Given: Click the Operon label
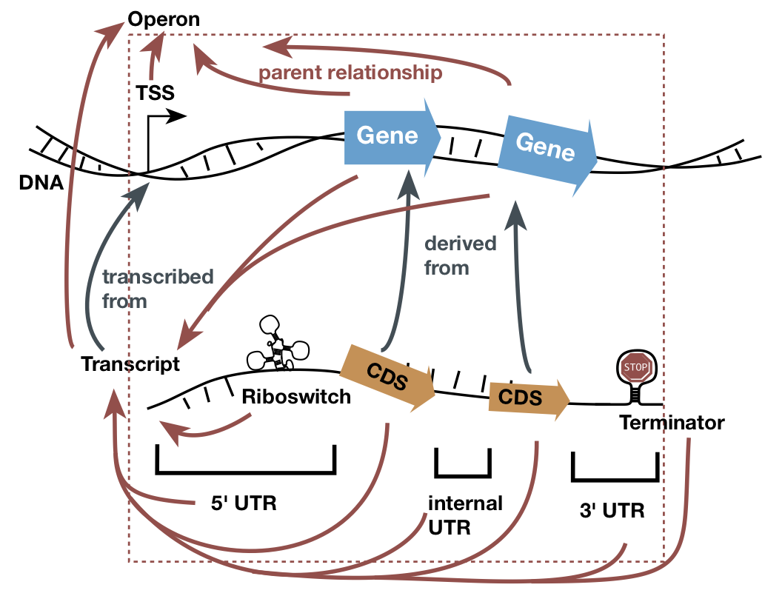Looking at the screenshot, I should (x=164, y=19).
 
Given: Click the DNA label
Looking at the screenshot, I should (x=41, y=181).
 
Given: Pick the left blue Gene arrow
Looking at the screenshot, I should (x=390, y=137).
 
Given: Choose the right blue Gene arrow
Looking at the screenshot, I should (x=546, y=150).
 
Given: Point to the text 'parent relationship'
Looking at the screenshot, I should (x=350, y=73).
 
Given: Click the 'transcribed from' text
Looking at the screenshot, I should (x=157, y=289).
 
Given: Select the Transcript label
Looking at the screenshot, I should (x=130, y=364).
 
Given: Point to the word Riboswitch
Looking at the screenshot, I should (x=296, y=396).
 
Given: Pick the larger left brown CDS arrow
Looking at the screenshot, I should (x=387, y=377).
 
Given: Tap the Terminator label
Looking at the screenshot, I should (x=672, y=423).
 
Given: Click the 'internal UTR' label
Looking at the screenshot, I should (x=464, y=515).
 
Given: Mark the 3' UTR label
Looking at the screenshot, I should (x=612, y=510).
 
